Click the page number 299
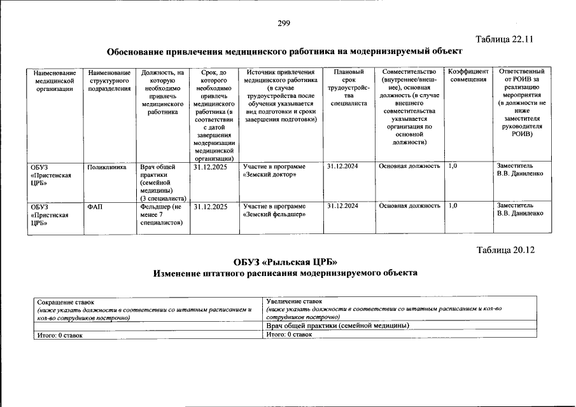tap(284, 24)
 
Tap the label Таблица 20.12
tap(505, 249)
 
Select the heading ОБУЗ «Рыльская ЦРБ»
tap(286, 261)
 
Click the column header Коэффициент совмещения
tap(468, 76)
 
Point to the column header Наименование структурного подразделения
tap(110, 80)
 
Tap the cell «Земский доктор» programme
tap(274, 170)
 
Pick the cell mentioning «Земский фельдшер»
tap(274, 210)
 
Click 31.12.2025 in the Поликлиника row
tap(211, 167)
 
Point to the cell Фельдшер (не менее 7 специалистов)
tap(162, 214)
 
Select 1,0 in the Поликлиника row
tap(453, 167)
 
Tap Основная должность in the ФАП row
tap(409, 207)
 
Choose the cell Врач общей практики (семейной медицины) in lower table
tap(337, 326)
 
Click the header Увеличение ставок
tap(294, 301)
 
